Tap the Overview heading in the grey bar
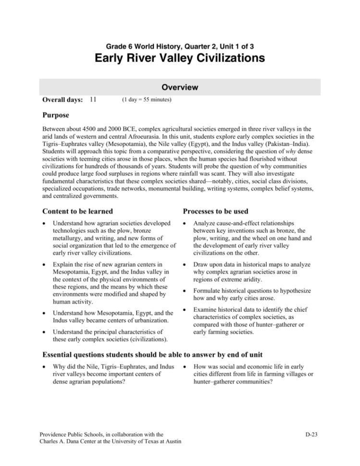pos(180,87)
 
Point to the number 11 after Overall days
pos(93,100)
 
